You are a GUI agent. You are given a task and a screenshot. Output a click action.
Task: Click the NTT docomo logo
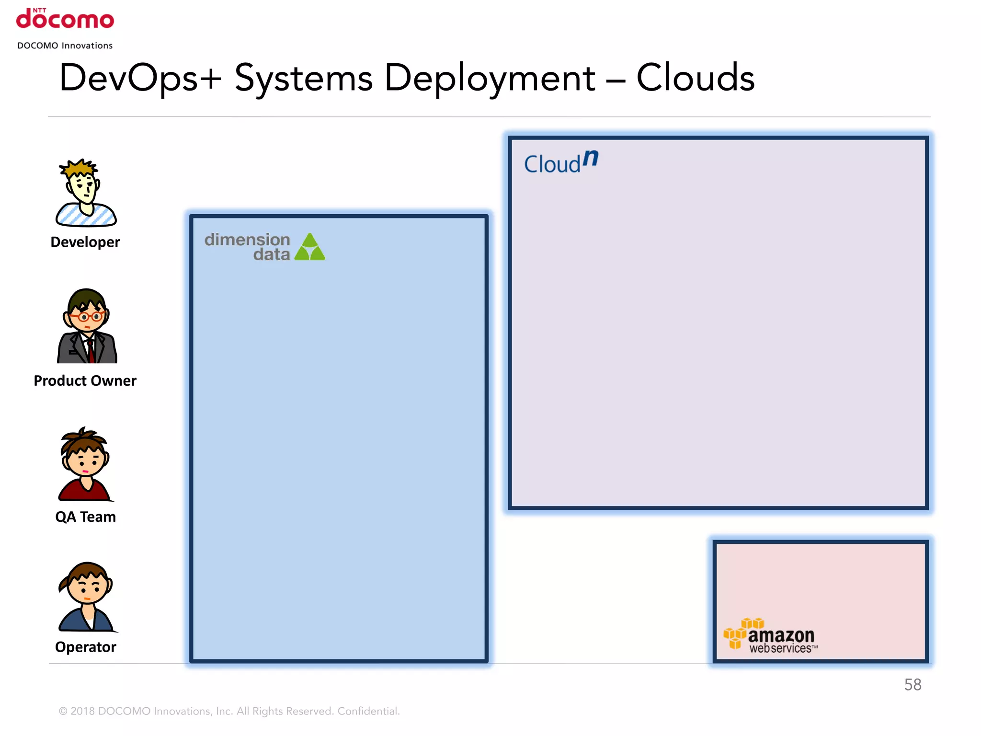coord(65,19)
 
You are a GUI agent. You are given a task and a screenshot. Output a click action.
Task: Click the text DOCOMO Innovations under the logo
coord(65,46)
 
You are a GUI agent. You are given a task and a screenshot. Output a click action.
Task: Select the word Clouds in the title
coord(695,78)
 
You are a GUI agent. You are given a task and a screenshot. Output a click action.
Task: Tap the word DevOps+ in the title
coord(140,79)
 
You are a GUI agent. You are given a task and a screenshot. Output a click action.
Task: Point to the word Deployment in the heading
coord(490,79)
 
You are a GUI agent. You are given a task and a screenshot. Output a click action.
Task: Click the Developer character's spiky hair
coord(80,168)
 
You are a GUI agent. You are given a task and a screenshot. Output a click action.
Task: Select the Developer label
coord(85,242)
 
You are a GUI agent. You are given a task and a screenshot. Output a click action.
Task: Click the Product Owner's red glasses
coord(86,317)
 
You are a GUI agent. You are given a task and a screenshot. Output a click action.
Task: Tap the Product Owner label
coord(85,380)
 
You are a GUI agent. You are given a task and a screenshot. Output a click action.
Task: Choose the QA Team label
coord(85,517)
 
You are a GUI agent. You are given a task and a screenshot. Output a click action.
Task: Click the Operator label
coord(85,647)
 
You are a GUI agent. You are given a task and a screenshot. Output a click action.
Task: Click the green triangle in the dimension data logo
coord(310,247)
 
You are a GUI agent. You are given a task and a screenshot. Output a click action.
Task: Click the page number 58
coord(913,685)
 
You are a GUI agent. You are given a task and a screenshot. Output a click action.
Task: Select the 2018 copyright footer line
coord(229,711)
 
